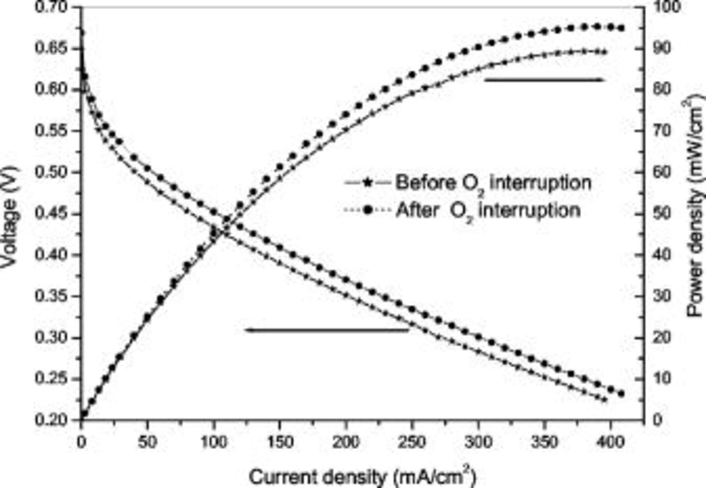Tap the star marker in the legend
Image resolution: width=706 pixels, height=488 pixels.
point(367,183)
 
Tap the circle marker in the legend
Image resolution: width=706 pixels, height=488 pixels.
point(367,210)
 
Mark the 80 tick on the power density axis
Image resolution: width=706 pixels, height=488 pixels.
point(662,90)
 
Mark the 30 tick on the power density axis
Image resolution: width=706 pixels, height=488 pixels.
point(662,296)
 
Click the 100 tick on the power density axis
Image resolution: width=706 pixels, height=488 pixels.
point(665,7)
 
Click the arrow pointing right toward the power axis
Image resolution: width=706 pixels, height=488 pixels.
point(545,80)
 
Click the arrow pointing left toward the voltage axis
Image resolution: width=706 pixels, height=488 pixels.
point(326,330)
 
